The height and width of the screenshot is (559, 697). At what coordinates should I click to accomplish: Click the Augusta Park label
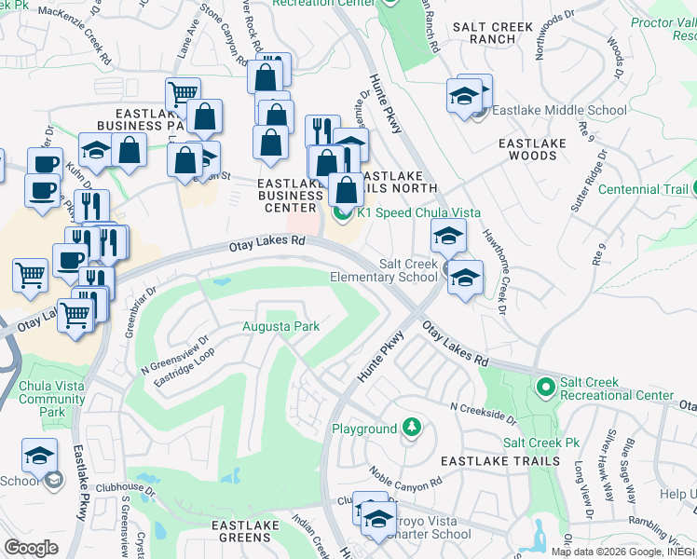tap(281, 326)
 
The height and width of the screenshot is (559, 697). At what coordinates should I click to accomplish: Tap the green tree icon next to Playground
tap(410, 429)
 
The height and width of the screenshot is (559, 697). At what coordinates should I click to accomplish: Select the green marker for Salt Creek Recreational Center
tap(546, 385)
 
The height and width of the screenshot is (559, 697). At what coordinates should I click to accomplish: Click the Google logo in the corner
tap(30, 548)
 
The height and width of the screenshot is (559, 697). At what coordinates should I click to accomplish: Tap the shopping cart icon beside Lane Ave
tap(183, 92)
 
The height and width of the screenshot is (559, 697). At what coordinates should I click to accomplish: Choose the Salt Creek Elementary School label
tap(384, 270)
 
